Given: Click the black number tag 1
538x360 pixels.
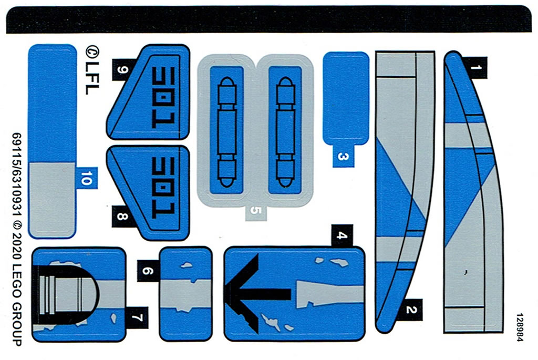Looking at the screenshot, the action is pos(474,68).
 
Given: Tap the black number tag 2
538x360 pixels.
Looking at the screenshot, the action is pos(410,310).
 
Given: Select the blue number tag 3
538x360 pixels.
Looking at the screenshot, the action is pos(343,156).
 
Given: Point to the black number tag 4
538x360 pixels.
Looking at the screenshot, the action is pos(342,235).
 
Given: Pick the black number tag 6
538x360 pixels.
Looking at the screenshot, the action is pos(148,271).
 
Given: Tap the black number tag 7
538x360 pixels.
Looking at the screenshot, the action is pos(137,318).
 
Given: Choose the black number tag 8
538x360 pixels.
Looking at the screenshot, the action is pos(122,216).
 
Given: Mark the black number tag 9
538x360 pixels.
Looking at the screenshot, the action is pos(123,70).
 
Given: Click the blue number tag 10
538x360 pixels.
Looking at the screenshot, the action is pos(87,178).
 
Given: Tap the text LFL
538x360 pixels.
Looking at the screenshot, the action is pos(91,78).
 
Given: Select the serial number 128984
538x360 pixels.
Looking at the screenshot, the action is pos(520,327).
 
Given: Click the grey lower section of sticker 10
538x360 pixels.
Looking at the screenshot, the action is pos(52,200).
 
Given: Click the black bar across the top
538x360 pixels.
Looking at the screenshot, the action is pos(268,19).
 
